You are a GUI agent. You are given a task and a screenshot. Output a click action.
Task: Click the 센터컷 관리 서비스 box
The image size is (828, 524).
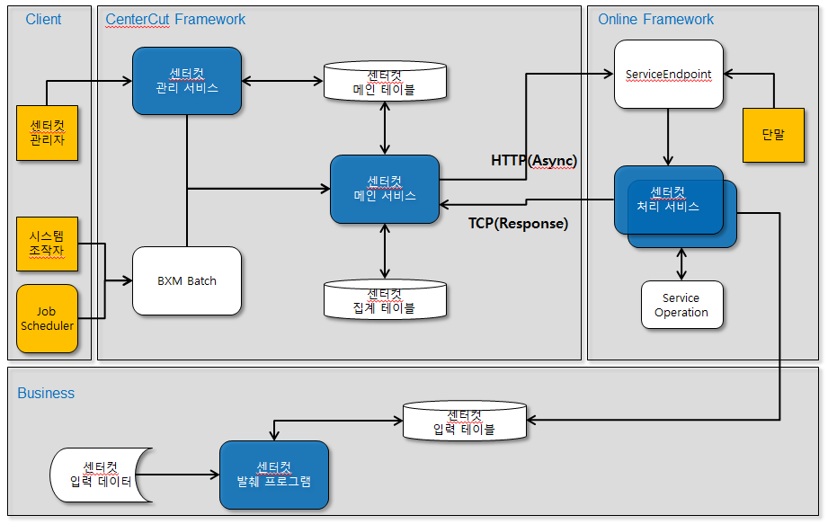tap(187, 81)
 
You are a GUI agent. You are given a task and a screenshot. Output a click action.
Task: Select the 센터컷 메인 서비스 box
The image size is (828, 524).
tap(385, 189)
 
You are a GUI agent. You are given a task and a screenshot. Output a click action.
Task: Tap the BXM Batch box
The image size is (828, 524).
tap(187, 280)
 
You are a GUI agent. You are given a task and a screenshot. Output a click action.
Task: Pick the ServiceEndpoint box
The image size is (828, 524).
tap(669, 74)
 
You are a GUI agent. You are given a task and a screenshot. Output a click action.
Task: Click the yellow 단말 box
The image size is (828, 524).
tap(773, 135)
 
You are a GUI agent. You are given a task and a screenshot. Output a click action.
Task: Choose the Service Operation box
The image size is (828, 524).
tap(681, 306)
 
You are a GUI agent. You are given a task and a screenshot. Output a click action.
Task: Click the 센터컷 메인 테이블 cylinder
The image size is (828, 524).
tap(385, 81)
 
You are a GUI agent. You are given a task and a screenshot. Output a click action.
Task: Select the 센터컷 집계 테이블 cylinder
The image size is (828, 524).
tap(385, 299)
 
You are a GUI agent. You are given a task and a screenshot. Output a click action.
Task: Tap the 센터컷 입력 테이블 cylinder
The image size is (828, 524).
tap(464, 421)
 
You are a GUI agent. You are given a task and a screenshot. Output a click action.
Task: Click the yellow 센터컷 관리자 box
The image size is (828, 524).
tap(48, 133)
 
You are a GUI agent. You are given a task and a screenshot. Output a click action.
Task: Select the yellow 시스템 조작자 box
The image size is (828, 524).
tap(48, 244)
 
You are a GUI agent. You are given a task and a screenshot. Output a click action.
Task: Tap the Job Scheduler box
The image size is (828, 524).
tap(48, 319)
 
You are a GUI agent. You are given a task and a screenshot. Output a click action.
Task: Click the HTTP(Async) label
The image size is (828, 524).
tap(533, 160)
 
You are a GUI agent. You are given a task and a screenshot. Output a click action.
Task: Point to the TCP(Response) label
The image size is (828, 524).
tap(519, 224)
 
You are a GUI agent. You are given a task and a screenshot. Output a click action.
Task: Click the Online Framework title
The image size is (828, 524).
tap(655, 19)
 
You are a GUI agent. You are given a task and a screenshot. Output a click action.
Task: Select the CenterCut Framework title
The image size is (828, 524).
tap(175, 19)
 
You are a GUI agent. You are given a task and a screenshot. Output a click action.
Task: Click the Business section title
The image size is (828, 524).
tap(46, 393)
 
